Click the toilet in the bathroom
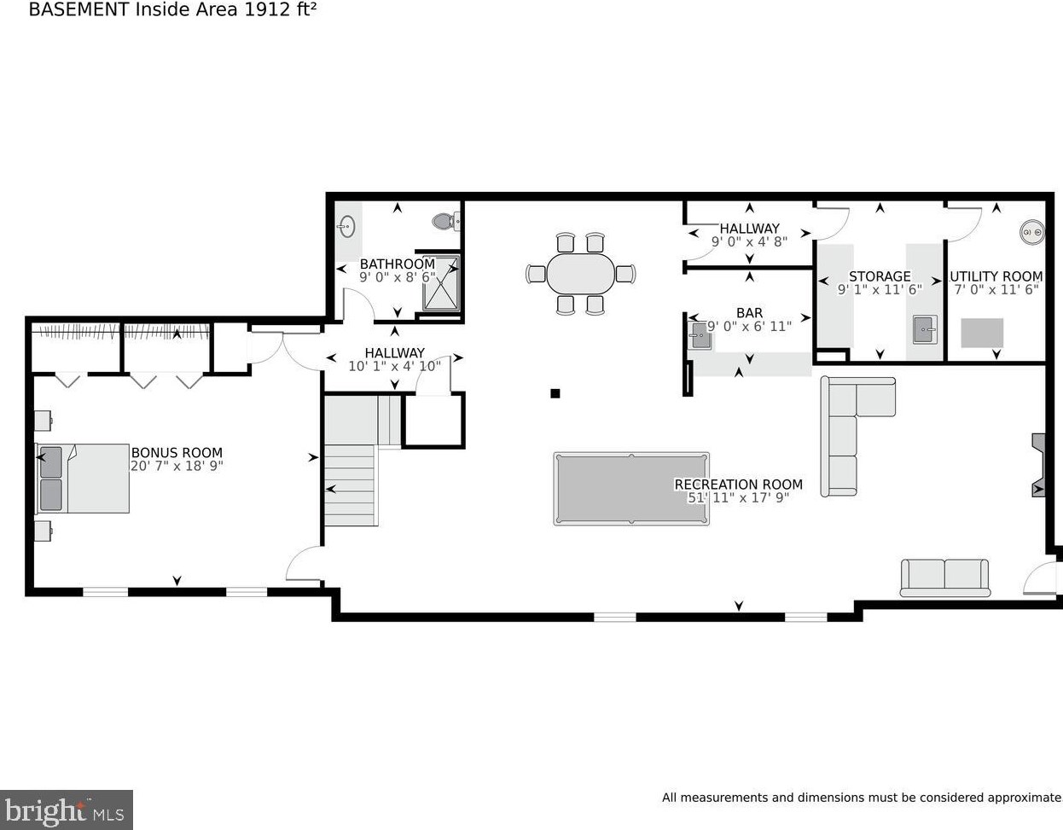[446, 222]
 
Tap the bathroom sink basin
[347, 226]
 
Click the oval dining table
[581, 274]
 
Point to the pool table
[631, 489]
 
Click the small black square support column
[555, 393]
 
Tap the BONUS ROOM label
[177, 452]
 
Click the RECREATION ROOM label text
[738, 485]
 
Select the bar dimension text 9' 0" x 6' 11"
[749, 326]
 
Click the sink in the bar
[700, 335]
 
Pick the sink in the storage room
[925, 329]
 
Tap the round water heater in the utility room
[1031, 231]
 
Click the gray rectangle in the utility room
[982, 333]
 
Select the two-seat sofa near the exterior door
[944, 578]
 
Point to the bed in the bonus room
[83, 479]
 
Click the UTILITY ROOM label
[996, 276]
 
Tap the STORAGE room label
[880, 276]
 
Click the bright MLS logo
[66, 810]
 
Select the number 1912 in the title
[263, 9]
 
